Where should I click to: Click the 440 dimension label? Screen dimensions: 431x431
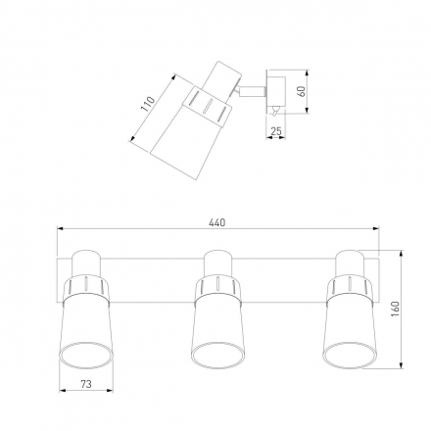(217, 222)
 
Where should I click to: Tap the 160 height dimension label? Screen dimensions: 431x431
(395, 309)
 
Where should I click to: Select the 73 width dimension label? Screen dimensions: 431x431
(86, 384)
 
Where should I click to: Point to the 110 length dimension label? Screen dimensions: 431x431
(148, 104)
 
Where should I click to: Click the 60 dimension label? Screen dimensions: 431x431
(302, 91)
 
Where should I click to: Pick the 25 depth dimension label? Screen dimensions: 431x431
(276, 131)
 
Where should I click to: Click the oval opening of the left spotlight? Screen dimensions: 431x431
(86, 356)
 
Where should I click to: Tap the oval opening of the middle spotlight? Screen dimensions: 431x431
(217, 356)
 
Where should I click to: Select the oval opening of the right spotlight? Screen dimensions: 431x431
(351, 356)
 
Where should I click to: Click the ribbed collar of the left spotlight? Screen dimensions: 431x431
(86, 287)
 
